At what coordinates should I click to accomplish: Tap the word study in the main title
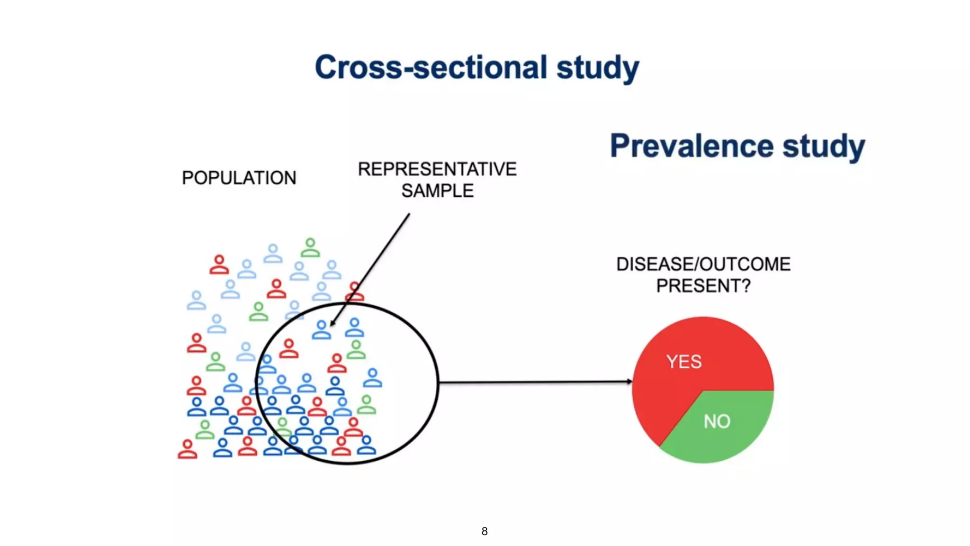[598, 67]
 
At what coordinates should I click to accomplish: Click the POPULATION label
[239, 178]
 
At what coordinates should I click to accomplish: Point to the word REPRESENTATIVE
[437, 169]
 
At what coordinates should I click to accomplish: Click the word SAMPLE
[437, 191]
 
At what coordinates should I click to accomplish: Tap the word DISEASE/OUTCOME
[703, 264]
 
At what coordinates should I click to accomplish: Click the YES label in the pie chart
[683, 362]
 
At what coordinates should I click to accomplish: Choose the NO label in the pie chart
[717, 421]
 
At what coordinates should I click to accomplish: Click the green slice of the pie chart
[729, 436]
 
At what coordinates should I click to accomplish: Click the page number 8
[484, 531]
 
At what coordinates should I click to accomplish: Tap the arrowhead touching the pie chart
[629, 381]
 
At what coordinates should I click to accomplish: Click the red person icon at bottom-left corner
[188, 449]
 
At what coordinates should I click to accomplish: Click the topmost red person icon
[219, 265]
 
